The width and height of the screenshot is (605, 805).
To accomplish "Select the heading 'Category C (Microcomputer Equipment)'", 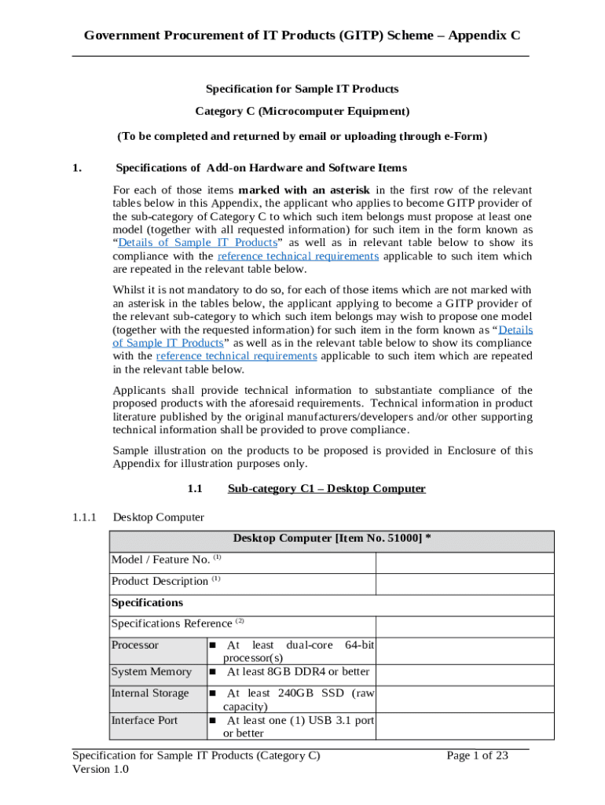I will [x=302, y=112].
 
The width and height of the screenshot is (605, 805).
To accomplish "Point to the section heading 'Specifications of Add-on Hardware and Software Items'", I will [x=261, y=167].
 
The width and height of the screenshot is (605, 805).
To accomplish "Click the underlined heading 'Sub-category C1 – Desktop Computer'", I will [x=326, y=488].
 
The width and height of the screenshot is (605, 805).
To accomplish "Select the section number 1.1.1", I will [x=83, y=517].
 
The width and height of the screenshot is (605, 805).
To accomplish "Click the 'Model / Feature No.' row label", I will [x=160, y=560].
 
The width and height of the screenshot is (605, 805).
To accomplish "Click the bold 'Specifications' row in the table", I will [x=147, y=602].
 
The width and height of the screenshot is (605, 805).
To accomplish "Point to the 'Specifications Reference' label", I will [x=172, y=623].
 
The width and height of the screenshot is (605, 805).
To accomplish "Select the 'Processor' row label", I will [x=135, y=645].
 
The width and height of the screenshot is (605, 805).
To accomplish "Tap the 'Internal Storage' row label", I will [x=150, y=693].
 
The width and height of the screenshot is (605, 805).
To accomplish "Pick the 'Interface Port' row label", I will [x=145, y=720].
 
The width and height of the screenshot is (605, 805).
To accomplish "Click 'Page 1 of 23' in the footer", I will [x=477, y=755].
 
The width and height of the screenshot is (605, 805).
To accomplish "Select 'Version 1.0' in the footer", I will [x=101, y=770].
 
